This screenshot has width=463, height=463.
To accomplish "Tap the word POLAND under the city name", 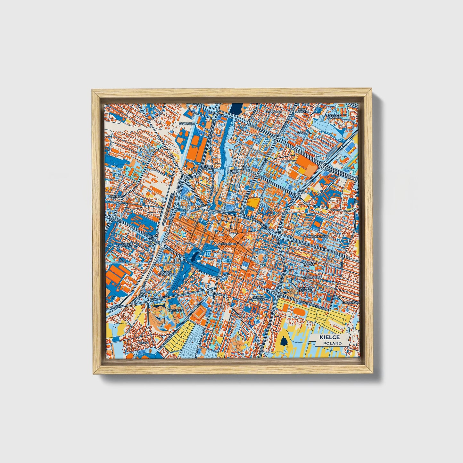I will [332, 343].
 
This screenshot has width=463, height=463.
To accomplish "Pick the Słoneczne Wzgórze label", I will [334, 116].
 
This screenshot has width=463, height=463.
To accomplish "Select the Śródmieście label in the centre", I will [227, 244].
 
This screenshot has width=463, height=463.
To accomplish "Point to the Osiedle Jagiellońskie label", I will [127, 244].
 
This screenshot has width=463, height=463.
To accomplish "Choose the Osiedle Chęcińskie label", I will [166, 273].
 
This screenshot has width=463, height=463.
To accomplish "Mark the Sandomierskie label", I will [316, 236].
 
